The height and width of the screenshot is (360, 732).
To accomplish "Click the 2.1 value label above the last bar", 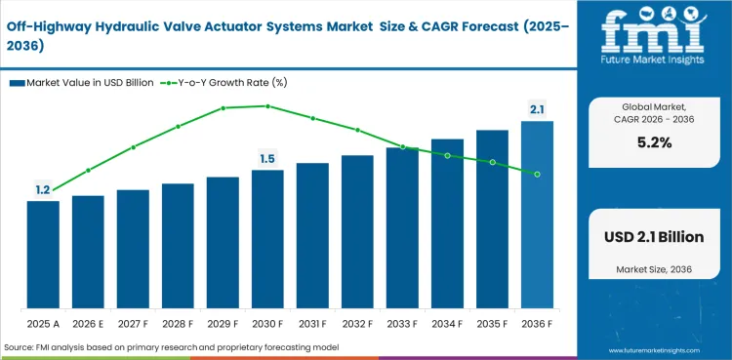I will [537, 109].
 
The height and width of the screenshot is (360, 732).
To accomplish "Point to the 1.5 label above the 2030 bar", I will [267, 158].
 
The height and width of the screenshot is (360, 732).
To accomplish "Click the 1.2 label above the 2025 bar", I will [43, 190].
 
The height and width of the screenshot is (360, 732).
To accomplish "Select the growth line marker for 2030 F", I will [267, 106].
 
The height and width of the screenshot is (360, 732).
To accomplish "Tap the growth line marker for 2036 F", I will [537, 174].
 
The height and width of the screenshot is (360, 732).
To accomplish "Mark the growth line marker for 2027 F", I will [133, 147].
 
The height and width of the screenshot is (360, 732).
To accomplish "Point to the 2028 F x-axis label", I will [178, 323].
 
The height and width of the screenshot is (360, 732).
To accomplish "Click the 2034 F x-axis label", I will [447, 323].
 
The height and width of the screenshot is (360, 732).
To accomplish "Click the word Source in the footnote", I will [21, 346].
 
